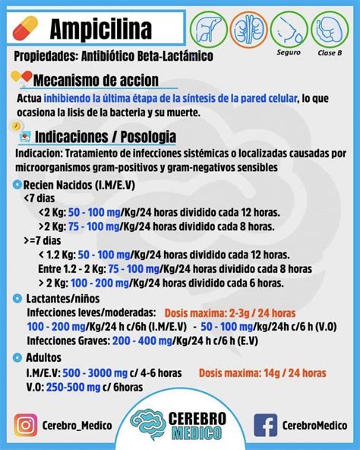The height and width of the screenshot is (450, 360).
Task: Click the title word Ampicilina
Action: (100, 28)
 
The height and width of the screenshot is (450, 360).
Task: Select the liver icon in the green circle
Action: (206, 28)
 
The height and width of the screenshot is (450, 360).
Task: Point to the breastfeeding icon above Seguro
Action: (289, 28)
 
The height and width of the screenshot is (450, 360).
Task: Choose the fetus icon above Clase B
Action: (331, 28)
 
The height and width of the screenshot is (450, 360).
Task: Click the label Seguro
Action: (289, 52)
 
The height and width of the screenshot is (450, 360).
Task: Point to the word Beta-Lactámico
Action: (173, 57)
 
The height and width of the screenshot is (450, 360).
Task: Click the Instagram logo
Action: (27, 426)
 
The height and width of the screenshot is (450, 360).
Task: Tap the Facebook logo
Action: (265, 426)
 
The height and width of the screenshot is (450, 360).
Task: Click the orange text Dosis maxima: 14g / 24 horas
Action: (263, 372)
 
